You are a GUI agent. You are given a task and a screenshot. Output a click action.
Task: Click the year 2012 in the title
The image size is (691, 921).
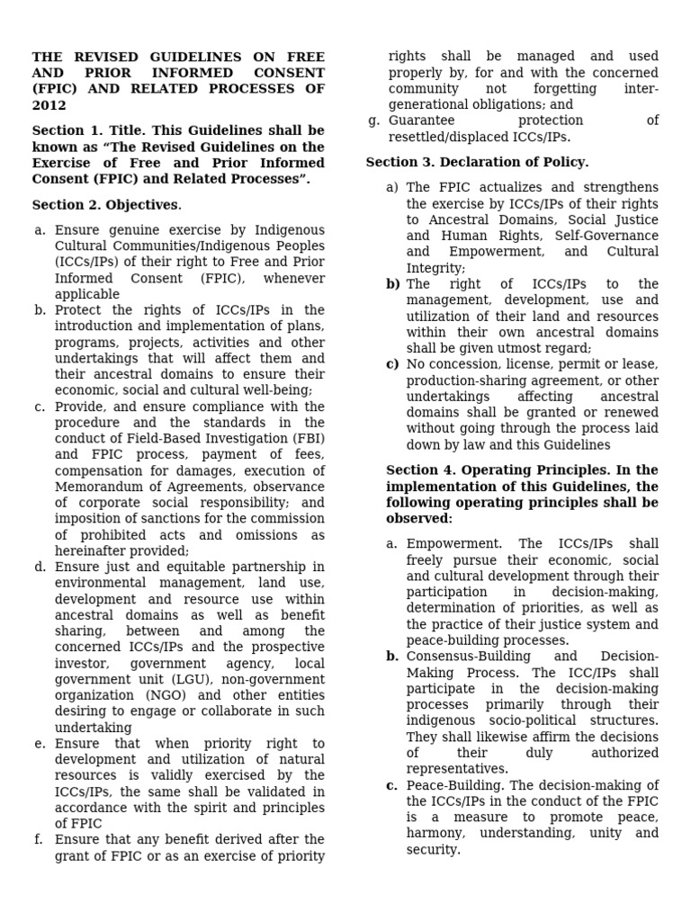coord(49,105)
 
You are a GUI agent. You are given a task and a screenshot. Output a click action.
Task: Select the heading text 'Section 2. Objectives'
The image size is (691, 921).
coord(106,204)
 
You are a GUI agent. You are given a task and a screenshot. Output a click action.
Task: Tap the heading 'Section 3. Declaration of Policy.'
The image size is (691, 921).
coord(477,162)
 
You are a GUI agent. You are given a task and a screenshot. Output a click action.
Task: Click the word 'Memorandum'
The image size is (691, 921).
coord(97,487)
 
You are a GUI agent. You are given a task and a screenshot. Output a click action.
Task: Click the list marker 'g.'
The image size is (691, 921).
coord(374,121)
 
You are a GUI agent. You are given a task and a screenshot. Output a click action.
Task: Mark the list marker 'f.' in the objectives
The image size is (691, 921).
coord(39,839)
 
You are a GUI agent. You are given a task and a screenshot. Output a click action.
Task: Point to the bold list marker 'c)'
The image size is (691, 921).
coord(392,364)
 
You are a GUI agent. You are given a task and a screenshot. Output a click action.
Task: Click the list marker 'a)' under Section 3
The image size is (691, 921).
coord(391,187)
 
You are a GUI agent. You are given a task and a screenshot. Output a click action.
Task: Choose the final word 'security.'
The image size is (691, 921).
coord(433,849)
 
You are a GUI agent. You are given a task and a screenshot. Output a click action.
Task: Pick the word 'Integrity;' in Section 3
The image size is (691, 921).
coord(435,268)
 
